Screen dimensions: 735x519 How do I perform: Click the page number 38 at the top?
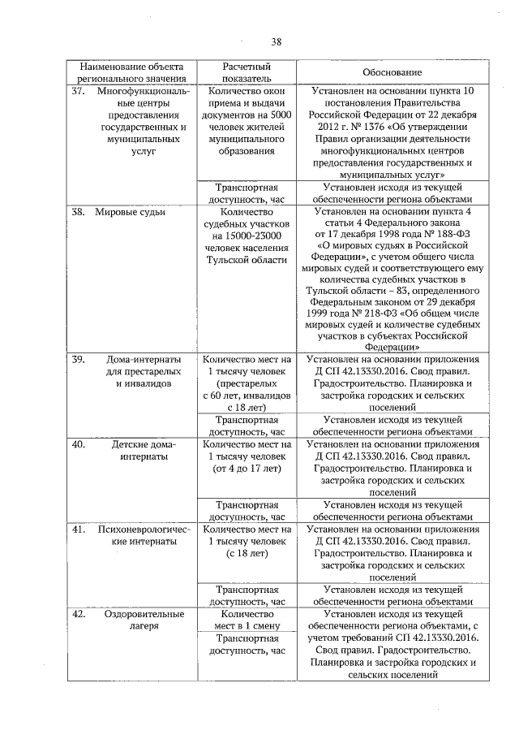(x=276, y=42)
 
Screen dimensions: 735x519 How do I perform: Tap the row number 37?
(x=78, y=92)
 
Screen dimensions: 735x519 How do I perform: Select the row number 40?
(x=78, y=444)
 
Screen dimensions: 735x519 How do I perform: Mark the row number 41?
(x=78, y=530)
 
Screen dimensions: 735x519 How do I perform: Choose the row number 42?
(x=78, y=614)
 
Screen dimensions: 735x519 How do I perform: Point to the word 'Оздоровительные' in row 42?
(x=143, y=614)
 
